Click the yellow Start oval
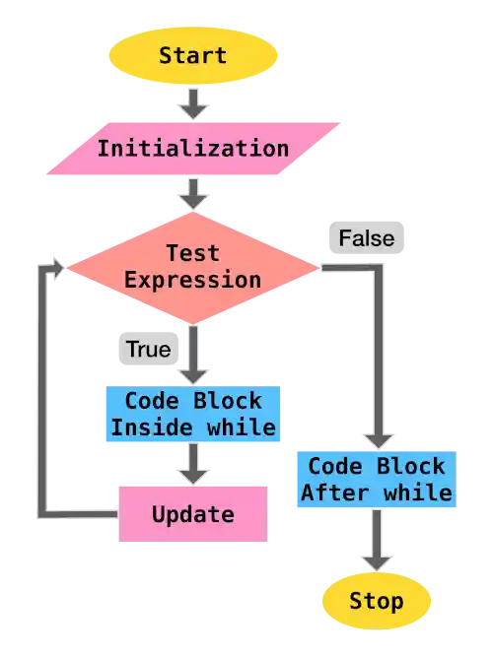tap(193, 55)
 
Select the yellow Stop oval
tap(377, 601)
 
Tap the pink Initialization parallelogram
tap(193, 149)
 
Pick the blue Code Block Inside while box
tap(193, 415)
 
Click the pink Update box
tap(193, 513)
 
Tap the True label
tap(147, 350)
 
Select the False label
tap(366, 237)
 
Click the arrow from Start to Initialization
tap(193, 102)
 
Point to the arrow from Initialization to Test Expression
tap(193, 193)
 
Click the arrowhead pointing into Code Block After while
tap(376, 439)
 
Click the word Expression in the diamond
tap(193, 279)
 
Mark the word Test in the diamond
tap(193, 253)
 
